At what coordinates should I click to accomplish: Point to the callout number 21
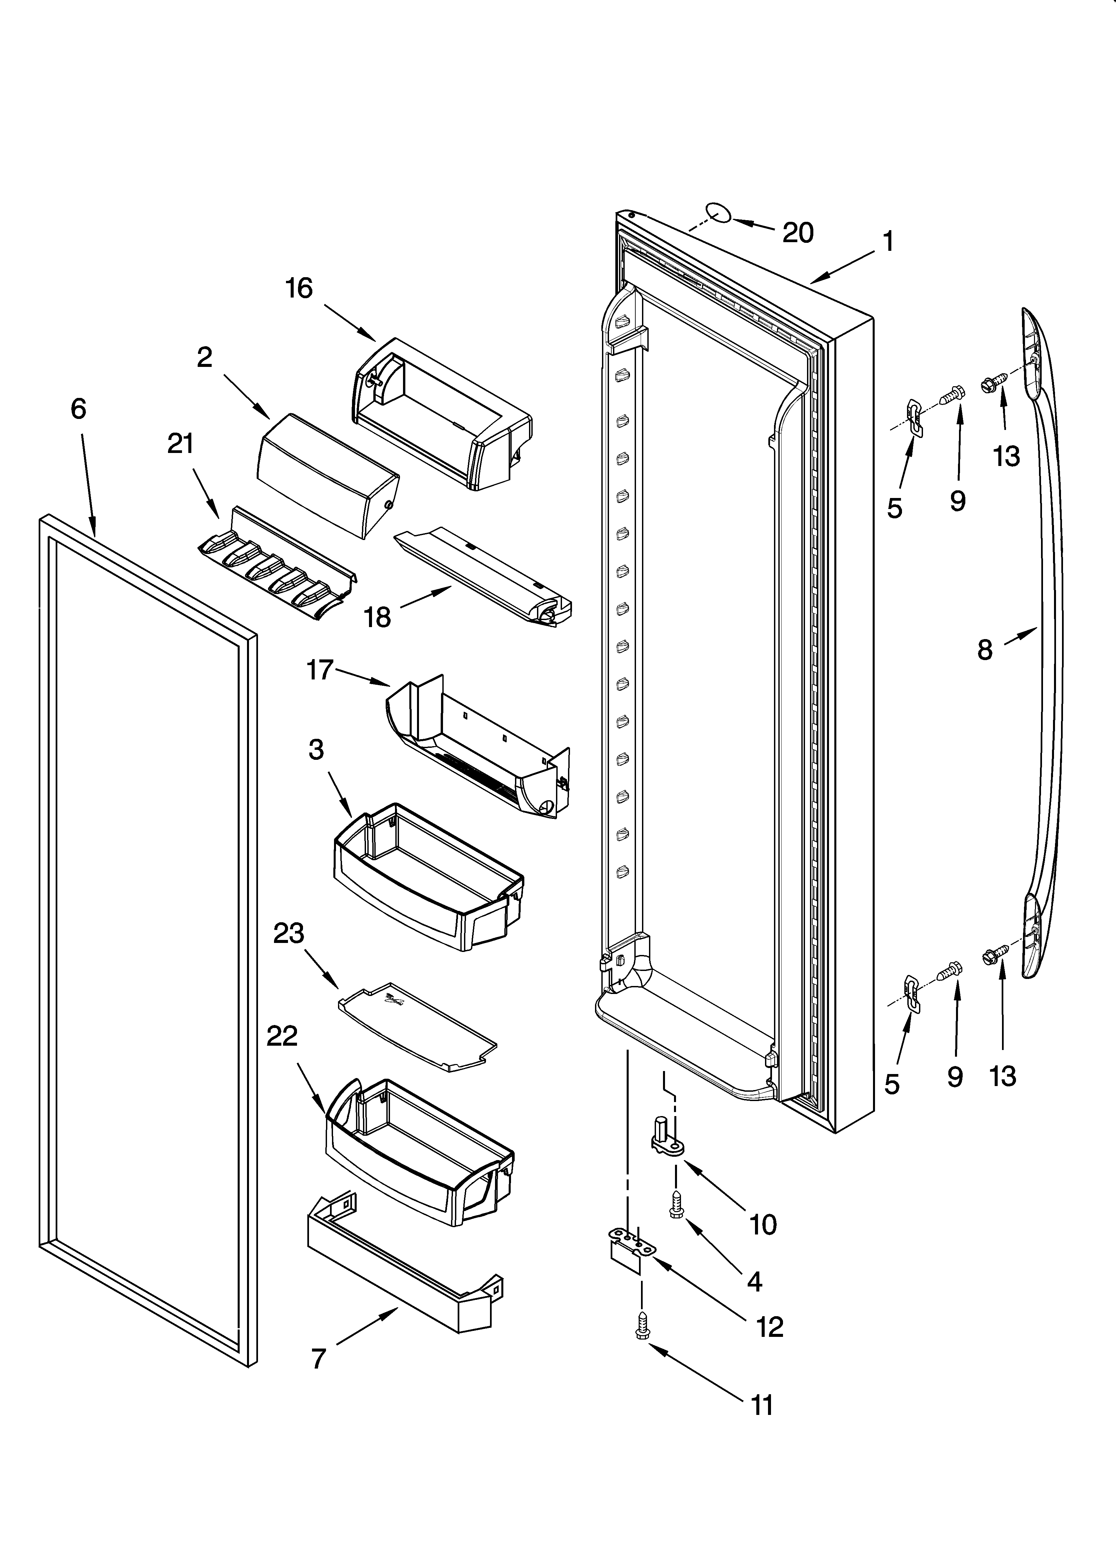(181, 444)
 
